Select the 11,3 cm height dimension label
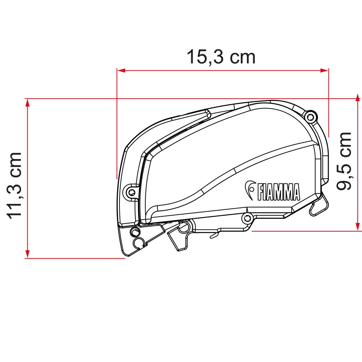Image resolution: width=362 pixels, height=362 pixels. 15,186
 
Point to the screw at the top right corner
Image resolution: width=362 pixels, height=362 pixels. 310,116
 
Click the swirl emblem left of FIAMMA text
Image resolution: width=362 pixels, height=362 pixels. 251,190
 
